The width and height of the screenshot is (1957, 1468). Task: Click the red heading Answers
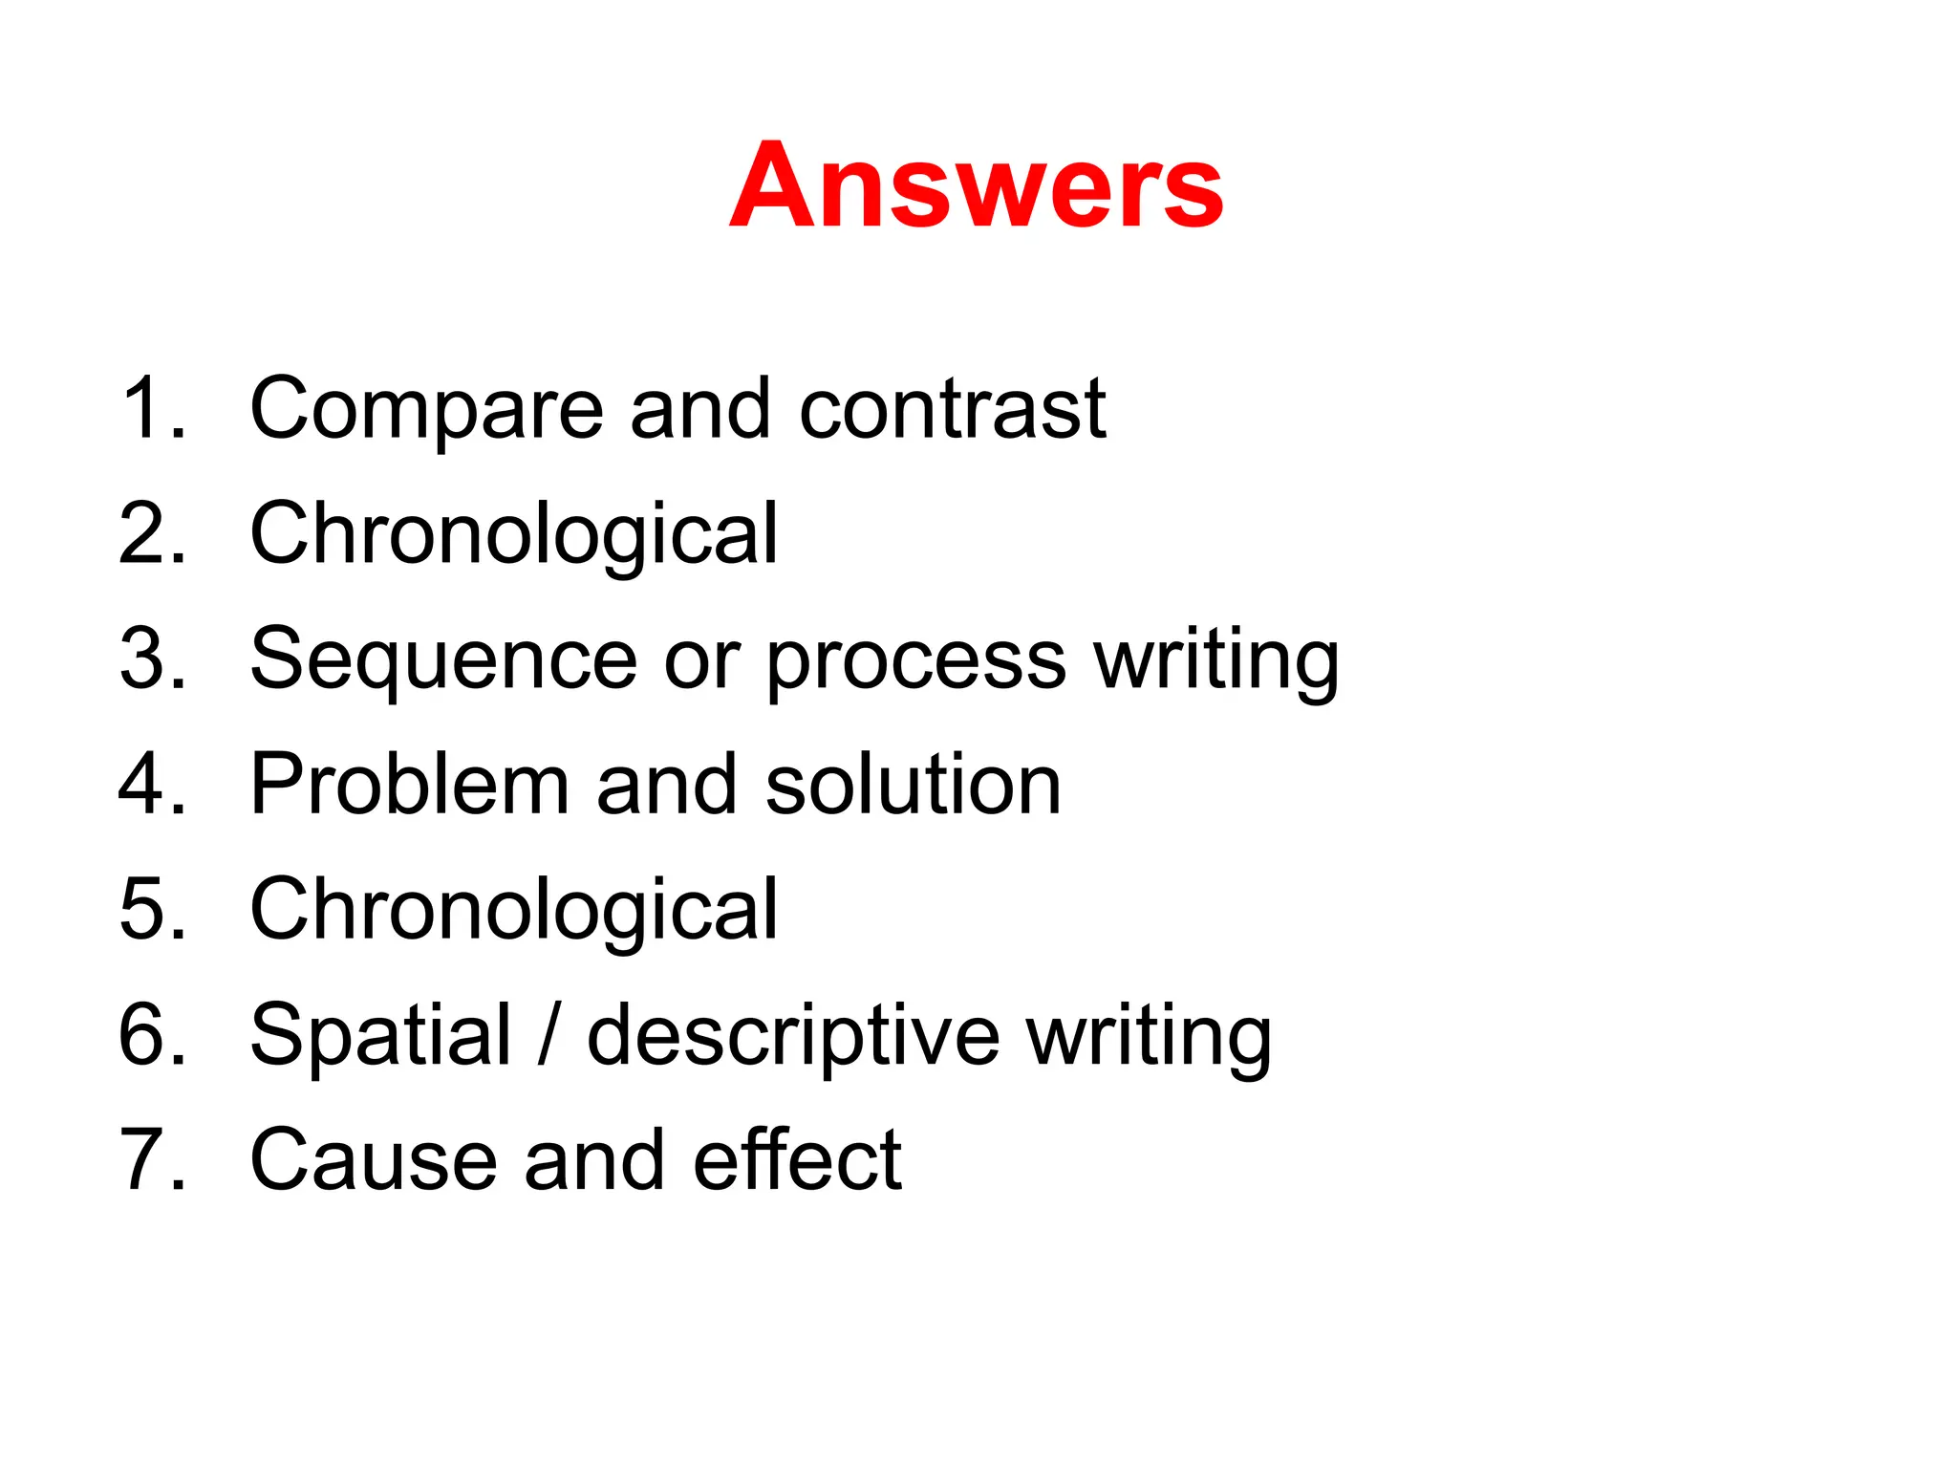(976, 185)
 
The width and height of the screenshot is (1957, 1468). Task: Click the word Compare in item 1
(426, 409)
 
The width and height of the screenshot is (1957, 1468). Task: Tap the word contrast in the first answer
(952, 409)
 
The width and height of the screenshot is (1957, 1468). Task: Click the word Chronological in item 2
(514, 535)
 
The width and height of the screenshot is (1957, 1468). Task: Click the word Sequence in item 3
(443, 660)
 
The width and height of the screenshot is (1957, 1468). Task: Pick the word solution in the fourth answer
(914, 786)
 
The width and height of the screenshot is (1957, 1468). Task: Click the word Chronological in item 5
(514, 911)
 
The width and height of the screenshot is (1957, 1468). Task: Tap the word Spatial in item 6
(380, 1036)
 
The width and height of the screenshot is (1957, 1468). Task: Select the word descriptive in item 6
(793, 1036)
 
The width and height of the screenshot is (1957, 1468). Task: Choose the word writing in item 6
(1149, 1036)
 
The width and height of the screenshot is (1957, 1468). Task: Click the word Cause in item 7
(374, 1160)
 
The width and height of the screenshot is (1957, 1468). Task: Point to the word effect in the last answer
(797, 1159)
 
